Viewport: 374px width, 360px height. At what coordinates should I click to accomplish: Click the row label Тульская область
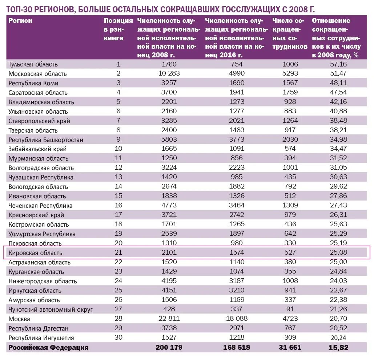point(33,64)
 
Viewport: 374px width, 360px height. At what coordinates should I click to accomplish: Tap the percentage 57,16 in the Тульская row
point(338,64)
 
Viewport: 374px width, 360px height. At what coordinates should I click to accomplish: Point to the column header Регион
point(20,21)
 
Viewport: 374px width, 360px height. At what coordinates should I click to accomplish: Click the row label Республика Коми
point(33,83)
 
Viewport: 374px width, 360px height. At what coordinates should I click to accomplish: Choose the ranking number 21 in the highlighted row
point(118,252)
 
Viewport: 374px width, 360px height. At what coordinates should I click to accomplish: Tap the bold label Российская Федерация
point(49,347)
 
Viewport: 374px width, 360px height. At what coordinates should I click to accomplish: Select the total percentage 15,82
point(338,347)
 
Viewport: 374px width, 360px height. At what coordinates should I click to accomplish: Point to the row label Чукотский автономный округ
point(51,310)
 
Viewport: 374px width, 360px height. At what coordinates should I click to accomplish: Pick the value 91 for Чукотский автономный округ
point(290,309)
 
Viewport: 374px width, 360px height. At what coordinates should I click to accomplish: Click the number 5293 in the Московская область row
point(290,74)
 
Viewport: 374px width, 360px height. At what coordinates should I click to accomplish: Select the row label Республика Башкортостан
point(46,140)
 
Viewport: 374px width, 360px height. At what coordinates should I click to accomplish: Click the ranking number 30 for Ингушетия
point(118,337)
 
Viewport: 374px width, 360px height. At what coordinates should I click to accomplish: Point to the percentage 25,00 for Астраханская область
point(338,262)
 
